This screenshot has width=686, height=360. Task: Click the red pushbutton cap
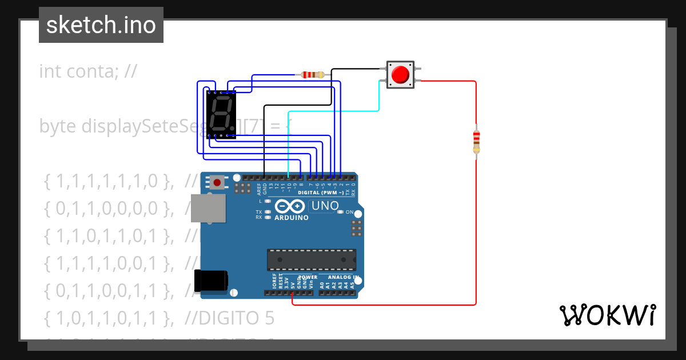(400, 75)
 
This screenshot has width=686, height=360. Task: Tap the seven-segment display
(221, 114)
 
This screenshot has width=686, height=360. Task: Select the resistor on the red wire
(476, 141)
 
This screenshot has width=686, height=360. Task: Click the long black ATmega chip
(312, 259)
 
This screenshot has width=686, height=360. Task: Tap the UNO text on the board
(324, 205)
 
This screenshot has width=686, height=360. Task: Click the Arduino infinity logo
(290, 206)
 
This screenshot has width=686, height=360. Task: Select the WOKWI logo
(607, 315)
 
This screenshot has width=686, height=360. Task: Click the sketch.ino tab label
(101, 25)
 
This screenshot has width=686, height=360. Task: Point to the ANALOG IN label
(343, 278)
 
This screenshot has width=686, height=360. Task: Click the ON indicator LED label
(349, 212)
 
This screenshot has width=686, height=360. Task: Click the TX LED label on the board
(258, 212)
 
